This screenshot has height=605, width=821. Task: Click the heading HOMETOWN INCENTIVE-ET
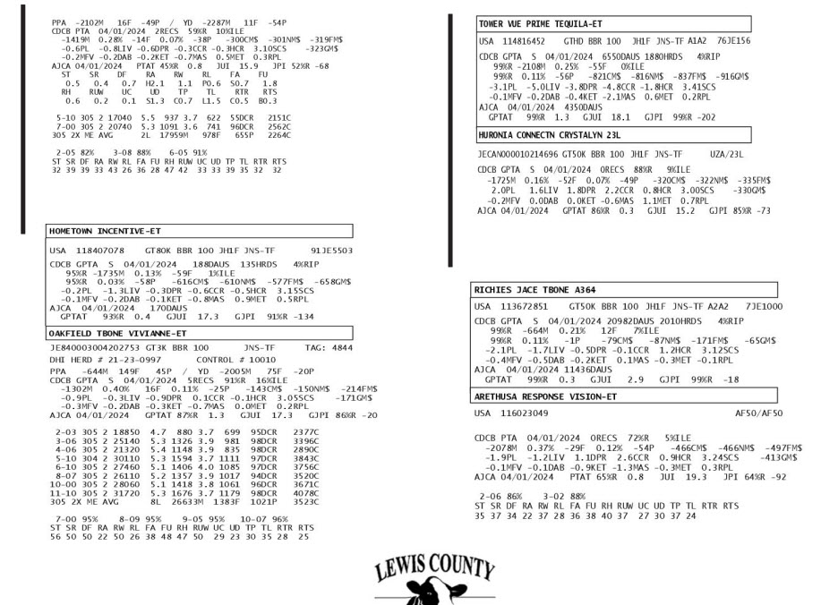point(102,230)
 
